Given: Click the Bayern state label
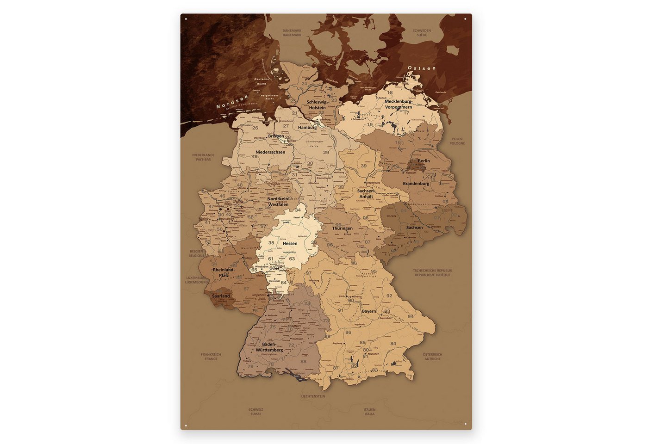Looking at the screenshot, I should pyautogui.click(x=369, y=311).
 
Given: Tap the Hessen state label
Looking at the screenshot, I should pyautogui.click(x=290, y=243).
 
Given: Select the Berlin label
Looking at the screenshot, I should pyautogui.click(x=424, y=161).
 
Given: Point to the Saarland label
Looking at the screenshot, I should pyautogui.click(x=221, y=296).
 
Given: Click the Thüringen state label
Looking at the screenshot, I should pyautogui.click(x=342, y=228).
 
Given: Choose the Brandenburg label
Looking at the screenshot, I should pyautogui.click(x=416, y=184).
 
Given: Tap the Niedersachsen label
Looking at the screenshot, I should pyautogui.click(x=270, y=152).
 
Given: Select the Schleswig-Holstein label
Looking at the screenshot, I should pyautogui.click(x=317, y=105).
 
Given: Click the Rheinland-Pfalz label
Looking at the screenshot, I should pyautogui.click(x=223, y=272).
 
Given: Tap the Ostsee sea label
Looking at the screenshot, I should pyautogui.click(x=421, y=68).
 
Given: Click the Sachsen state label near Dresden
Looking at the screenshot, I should pyautogui.click(x=414, y=228).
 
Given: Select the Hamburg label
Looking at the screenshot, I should pyautogui.click(x=307, y=127).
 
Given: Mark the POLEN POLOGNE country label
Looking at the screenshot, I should pyautogui.click(x=457, y=141).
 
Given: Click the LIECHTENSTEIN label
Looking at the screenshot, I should pyautogui.click(x=313, y=396).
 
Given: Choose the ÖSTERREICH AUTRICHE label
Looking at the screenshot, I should pyautogui.click(x=432, y=357).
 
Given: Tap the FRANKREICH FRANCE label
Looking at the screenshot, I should pyautogui.click(x=211, y=357).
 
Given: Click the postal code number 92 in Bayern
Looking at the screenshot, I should pyautogui.click(x=389, y=296).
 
